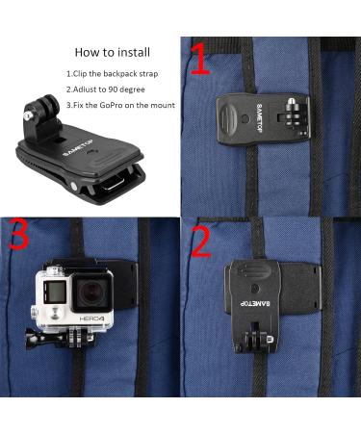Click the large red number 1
pos(197,61)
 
